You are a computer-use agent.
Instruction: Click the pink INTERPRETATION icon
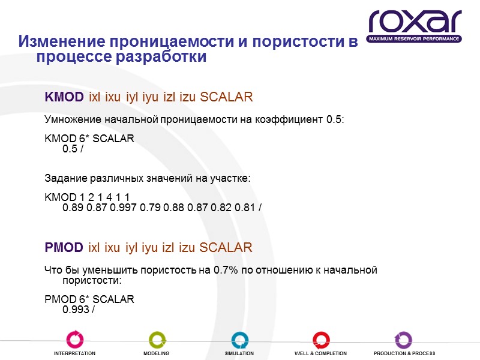coord(74,339)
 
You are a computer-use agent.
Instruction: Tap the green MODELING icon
coord(157,339)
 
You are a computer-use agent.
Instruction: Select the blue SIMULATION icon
coord(239,339)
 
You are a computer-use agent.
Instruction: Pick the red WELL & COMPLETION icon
coord(320,339)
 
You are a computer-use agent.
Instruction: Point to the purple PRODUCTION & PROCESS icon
coord(403,339)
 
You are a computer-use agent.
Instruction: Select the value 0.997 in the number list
coord(125,208)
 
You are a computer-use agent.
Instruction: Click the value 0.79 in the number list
coord(154,208)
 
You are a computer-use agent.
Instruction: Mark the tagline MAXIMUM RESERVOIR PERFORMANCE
coord(415,38)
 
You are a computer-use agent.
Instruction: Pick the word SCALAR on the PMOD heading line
coord(226,247)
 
